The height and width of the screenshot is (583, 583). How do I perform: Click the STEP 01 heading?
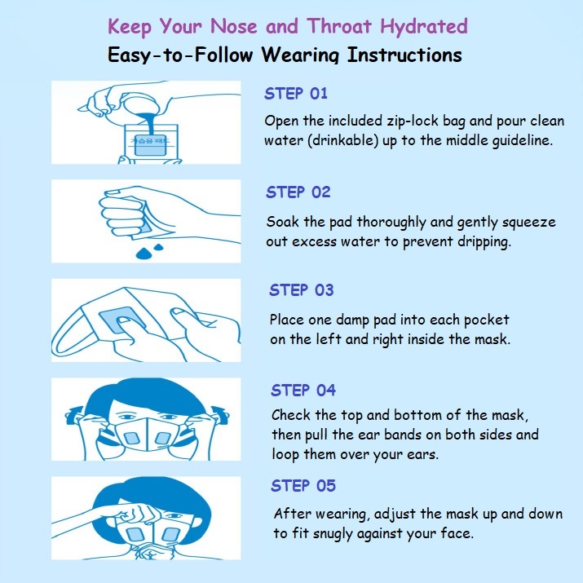tap(296, 93)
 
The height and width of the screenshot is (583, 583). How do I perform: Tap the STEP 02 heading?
tap(298, 192)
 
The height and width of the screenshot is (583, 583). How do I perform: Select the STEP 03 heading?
tap(302, 290)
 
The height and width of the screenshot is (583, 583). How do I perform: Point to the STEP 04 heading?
tap(303, 390)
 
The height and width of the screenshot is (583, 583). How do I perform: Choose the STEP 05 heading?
tap(303, 486)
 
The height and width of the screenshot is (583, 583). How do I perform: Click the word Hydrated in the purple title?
tap(424, 27)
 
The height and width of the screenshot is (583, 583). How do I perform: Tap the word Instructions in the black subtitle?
tap(404, 55)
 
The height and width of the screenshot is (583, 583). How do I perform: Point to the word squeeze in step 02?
tap(528, 223)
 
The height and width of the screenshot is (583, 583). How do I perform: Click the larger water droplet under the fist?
tap(144, 254)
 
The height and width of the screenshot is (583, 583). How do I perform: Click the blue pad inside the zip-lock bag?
tap(148, 144)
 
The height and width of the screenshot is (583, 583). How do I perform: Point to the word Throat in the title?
tap(339, 26)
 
